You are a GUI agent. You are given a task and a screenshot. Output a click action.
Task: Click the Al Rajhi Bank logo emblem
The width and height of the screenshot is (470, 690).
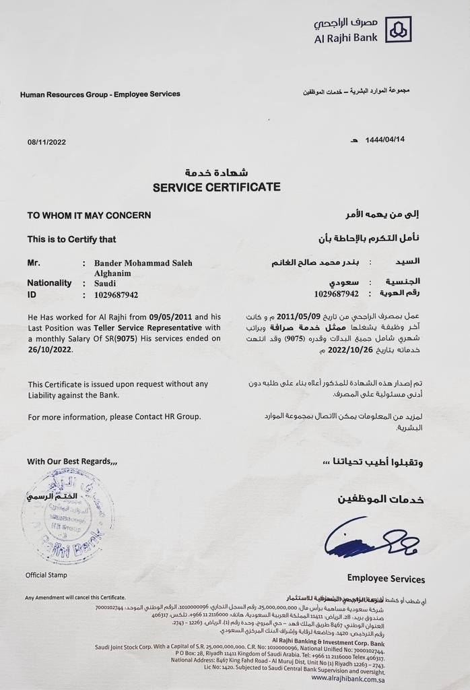coord(398,29)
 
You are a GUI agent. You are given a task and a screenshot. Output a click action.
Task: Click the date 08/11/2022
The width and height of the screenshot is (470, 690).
coord(46,142)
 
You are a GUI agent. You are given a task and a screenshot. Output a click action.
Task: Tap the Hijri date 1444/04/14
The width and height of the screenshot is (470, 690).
coord(385,140)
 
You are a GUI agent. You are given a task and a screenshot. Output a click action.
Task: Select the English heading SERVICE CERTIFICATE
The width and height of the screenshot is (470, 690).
coord(216,187)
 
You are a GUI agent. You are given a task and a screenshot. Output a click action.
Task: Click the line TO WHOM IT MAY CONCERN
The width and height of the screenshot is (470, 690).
coord(89,216)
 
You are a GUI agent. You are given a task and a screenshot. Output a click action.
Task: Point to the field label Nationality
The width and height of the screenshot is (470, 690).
coord(49,283)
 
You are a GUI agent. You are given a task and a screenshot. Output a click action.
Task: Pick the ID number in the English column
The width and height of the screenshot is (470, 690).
coord(116,294)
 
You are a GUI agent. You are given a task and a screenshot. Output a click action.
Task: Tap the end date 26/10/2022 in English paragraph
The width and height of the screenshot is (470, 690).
coord(51,350)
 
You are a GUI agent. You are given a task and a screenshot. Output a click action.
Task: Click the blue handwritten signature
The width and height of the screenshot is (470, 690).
coord(370,539)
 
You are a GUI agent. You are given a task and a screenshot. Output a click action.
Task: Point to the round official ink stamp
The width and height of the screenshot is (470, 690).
coord(67,515)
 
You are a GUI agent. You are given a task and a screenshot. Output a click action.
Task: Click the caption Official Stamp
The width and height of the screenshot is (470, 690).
coord(46,575)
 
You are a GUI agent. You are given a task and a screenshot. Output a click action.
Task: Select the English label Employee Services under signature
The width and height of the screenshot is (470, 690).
coord(386,579)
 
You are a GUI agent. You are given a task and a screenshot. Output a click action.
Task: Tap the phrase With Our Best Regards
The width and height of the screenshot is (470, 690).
coord(72,462)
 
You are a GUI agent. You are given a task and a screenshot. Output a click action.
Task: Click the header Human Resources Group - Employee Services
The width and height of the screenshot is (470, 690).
coord(100,94)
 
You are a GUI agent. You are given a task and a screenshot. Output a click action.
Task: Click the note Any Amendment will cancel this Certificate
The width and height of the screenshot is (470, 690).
coord(75,598)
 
